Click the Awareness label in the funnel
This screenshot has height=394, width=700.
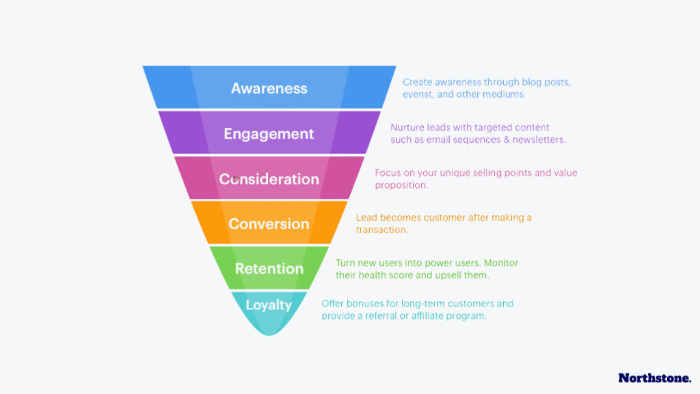[x=269, y=88]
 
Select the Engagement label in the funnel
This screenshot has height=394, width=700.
[x=269, y=133]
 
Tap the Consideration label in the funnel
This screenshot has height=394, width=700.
[x=269, y=179]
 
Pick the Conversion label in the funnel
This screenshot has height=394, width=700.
[x=269, y=224]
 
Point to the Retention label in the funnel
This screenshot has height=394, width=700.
[x=269, y=268]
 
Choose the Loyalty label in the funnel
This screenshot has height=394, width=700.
[x=269, y=305]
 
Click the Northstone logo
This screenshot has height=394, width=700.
[x=654, y=378]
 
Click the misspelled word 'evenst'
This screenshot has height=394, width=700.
[x=416, y=94]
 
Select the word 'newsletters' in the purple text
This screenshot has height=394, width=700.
[x=541, y=140]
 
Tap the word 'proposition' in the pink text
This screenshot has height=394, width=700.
[x=401, y=185]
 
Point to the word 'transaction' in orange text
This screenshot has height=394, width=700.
[x=381, y=230]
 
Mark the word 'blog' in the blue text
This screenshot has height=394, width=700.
[x=521, y=82]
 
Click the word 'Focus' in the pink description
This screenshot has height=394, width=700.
[x=388, y=173]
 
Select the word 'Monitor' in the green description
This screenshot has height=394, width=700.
[x=502, y=263]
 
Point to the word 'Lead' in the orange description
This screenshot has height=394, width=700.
[x=366, y=218]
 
